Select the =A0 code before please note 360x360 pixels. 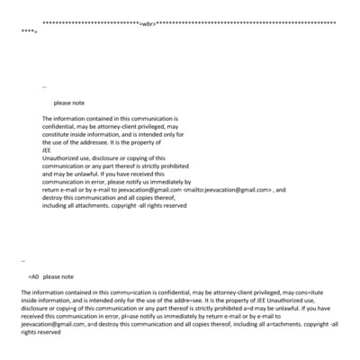pos(33,277)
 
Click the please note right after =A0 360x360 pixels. pos(58,277)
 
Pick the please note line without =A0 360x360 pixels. pos(69,103)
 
